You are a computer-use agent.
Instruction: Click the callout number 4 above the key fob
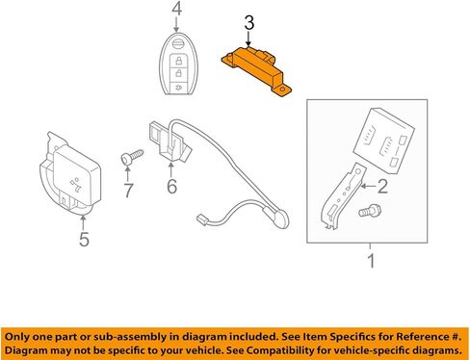pyautogui.click(x=176, y=9)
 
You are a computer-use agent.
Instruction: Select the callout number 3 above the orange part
pyautogui.click(x=249, y=23)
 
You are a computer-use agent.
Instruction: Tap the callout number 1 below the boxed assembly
pyautogui.click(x=371, y=261)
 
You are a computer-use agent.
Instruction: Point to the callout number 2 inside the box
pyautogui.click(x=382, y=186)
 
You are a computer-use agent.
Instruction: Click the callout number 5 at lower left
pyautogui.click(x=84, y=239)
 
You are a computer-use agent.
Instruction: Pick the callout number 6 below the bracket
pyautogui.click(x=172, y=186)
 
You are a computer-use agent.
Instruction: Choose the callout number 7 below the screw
pyautogui.click(x=128, y=191)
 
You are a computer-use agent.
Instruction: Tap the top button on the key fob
pyautogui.click(x=177, y=44)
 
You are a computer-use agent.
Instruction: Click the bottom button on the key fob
pyautogui.click(x=178, y=87)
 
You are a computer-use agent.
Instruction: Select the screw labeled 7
pyautogui.click(x=131, y=157)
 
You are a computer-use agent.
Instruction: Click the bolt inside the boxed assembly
pyautogui.click(x=370, y=211)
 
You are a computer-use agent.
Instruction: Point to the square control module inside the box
pyautogui.click(x=383, y=140)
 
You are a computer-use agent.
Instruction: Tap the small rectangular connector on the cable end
pyautogui.click(x=201, y=220)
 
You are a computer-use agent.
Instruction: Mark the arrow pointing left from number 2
pyautogui.click(x=368, y=186)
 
